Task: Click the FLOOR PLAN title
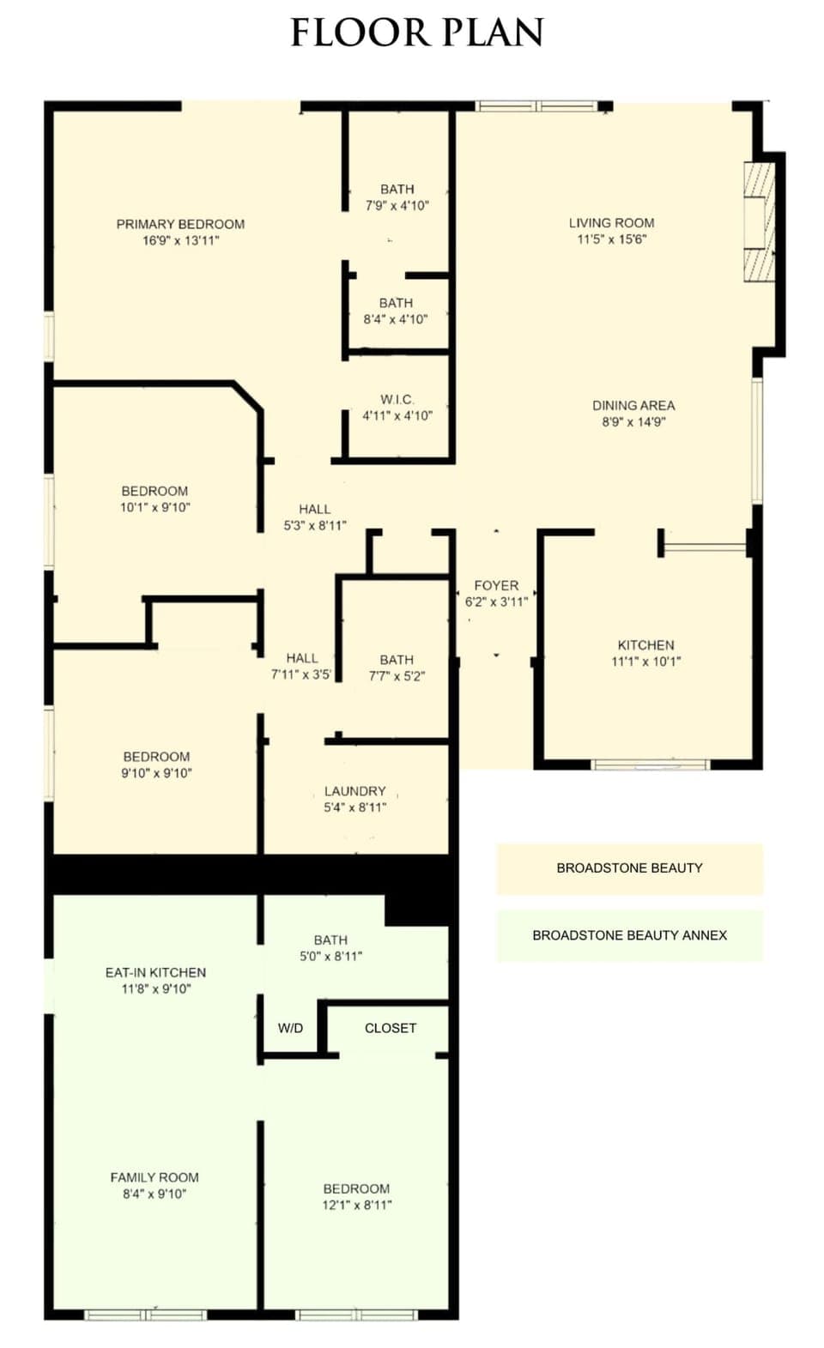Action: [x=417, y=33]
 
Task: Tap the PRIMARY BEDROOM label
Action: [x=180, y=224]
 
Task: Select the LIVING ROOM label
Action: [x=611, y=222]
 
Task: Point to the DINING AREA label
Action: [x=633, y=405]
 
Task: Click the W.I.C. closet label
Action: [x=397, y=399]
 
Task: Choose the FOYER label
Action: [x=496, y=585]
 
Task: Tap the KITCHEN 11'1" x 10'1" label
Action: [x=645, y=653]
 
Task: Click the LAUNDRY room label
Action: [x=354, y=791]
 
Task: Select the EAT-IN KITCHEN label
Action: [x=155, y=972]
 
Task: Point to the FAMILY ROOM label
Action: [x=154, y=1177]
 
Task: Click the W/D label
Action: [x=290, y=1028]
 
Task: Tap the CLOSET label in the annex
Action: [x=391, y=1028]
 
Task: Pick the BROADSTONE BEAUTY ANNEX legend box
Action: [x=629, y=935]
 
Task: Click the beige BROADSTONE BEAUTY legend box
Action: [x=629, y=868]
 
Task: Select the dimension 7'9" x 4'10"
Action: [x=397, y=206]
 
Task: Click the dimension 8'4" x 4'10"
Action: [x=396, y=319]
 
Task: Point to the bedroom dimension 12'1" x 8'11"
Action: [x=356, y=1205]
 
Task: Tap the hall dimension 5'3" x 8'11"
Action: [x=315, y=525]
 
